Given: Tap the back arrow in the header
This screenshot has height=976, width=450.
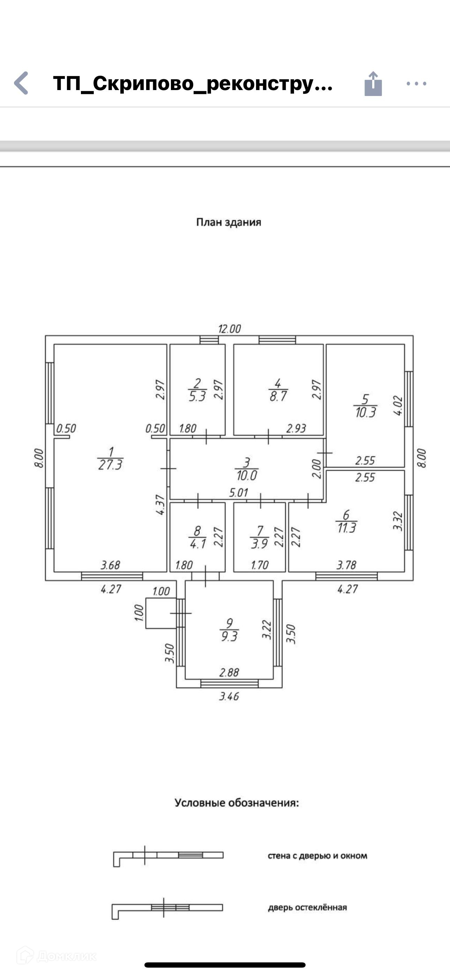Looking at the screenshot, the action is tap(22, 83).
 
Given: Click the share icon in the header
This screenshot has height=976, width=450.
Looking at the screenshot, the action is tap(373, 84).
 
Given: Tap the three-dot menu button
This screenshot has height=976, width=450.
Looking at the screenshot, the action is tap(416, 84).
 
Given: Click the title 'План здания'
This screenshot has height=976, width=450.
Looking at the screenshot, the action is tap(228, 222).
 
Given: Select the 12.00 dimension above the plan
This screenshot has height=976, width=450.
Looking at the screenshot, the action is tap(230, 328).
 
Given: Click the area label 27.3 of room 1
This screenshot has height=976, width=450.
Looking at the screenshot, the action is tap(110, 465).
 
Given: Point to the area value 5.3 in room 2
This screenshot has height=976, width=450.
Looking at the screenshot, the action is tap(197, 397).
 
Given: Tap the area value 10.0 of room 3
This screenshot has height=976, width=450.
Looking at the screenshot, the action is tap(247, 475).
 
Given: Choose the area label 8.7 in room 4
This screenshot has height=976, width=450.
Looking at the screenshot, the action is tap(278, 397).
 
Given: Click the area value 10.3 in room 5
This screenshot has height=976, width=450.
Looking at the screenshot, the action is tap(366, 413).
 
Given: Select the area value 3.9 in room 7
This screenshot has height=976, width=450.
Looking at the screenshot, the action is tap(260, 544).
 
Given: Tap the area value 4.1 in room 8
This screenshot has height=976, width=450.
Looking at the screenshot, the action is tap(197, 544).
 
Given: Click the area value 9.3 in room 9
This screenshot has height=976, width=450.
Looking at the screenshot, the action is tap(229, 636).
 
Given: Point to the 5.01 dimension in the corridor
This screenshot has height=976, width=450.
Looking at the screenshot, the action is tap(238, 493).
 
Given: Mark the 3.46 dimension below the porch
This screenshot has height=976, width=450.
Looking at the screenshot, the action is tap(229, 696).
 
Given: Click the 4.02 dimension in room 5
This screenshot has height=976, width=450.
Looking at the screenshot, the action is tap(398, 406).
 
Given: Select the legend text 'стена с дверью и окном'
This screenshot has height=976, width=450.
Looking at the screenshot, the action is tap(317, 856).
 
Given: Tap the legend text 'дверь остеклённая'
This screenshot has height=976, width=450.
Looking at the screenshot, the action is tap(307, 908).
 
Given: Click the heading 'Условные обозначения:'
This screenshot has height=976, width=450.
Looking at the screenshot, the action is tap(237, 803).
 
